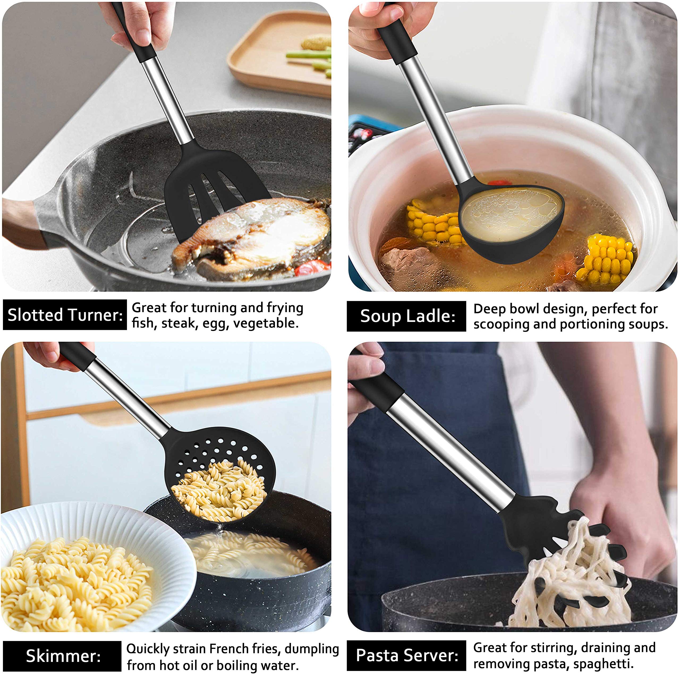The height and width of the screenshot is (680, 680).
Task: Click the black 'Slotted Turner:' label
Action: click(65, 315)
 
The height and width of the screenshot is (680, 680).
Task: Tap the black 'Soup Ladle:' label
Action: click(406, 316)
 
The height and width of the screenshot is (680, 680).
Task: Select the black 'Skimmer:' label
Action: click(62, 656)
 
